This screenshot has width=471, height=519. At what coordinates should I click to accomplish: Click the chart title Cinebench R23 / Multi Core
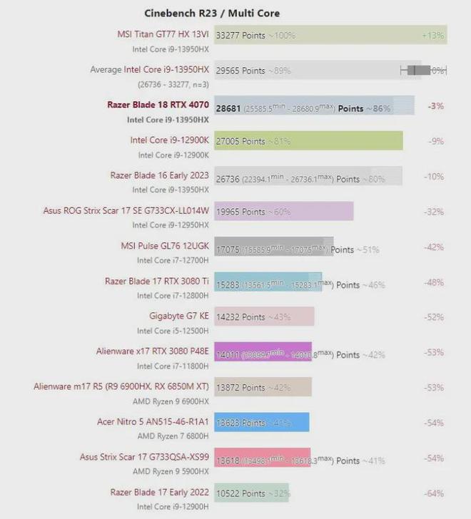(212, 13)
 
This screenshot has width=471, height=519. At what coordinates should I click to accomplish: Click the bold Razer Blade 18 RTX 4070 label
(158, 105)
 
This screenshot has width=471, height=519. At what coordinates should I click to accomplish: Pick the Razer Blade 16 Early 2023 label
(159, 175)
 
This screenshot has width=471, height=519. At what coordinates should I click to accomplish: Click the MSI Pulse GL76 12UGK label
(165, 245)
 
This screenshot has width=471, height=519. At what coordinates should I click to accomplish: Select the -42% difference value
(435, 247)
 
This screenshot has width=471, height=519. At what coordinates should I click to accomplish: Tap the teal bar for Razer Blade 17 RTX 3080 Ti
(268, 281)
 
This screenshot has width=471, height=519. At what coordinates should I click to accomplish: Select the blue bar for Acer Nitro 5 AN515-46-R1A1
(261, 422)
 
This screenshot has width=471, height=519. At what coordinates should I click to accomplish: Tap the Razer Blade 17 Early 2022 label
(159, 492)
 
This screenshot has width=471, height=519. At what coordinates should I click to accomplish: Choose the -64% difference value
(435, 493)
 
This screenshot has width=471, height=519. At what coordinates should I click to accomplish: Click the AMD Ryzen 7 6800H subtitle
(173, 436)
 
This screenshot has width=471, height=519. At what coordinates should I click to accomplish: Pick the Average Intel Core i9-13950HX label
(149, 69)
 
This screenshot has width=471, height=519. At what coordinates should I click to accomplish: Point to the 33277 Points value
(240, 34)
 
